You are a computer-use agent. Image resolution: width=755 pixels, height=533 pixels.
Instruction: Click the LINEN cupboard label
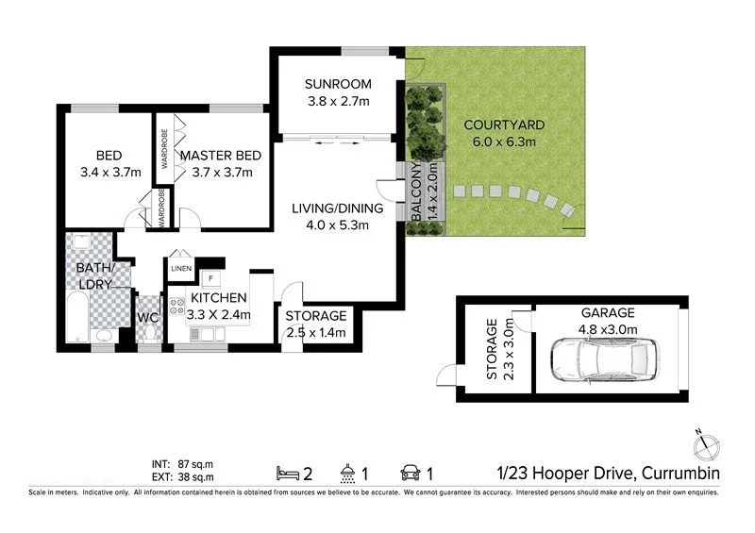[x=181, y=269]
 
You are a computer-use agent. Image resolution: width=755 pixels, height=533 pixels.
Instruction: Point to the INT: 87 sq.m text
[x=183, y=463]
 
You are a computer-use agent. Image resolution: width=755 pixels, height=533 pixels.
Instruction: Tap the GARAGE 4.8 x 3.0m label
[x=608, y=321]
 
